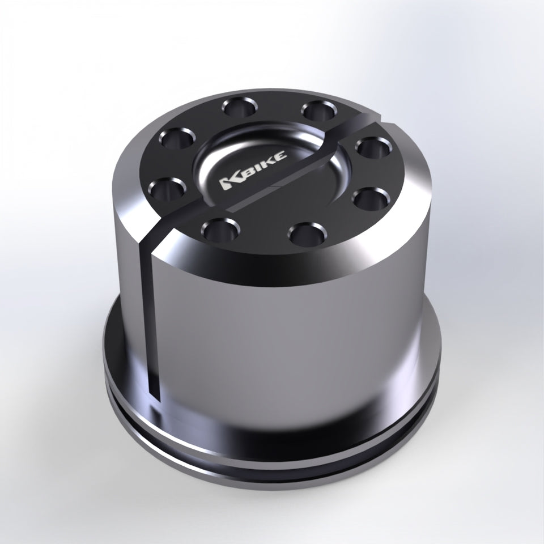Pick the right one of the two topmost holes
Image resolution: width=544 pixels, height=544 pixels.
(319, 110)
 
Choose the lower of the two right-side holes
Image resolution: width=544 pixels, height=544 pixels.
(371, 198)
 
